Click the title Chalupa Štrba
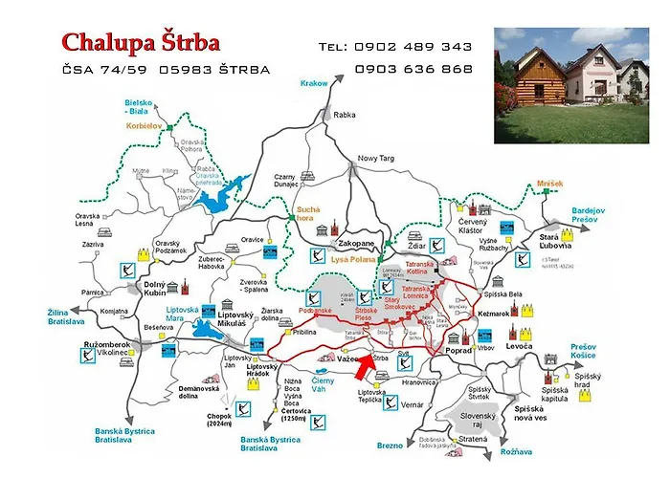141,42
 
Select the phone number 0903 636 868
413,69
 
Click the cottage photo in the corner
571,85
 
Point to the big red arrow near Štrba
364,364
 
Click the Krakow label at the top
313,83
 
